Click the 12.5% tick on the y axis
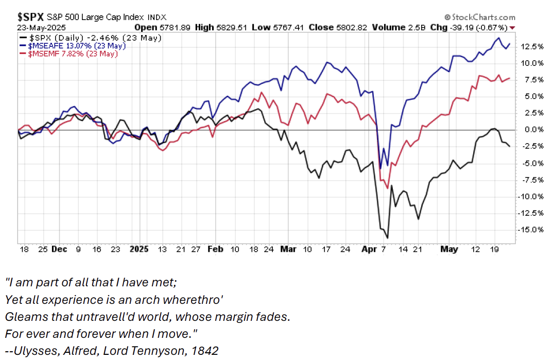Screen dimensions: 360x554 (532, 46)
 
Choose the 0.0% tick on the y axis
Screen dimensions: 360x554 (533, 129)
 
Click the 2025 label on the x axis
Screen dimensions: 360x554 (139, 249)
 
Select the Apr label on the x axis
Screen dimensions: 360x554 (367, 249)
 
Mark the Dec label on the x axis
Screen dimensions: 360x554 (60, 249)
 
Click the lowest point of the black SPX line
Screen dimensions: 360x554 (387, 237)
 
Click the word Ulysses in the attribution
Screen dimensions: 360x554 (33, 351)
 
